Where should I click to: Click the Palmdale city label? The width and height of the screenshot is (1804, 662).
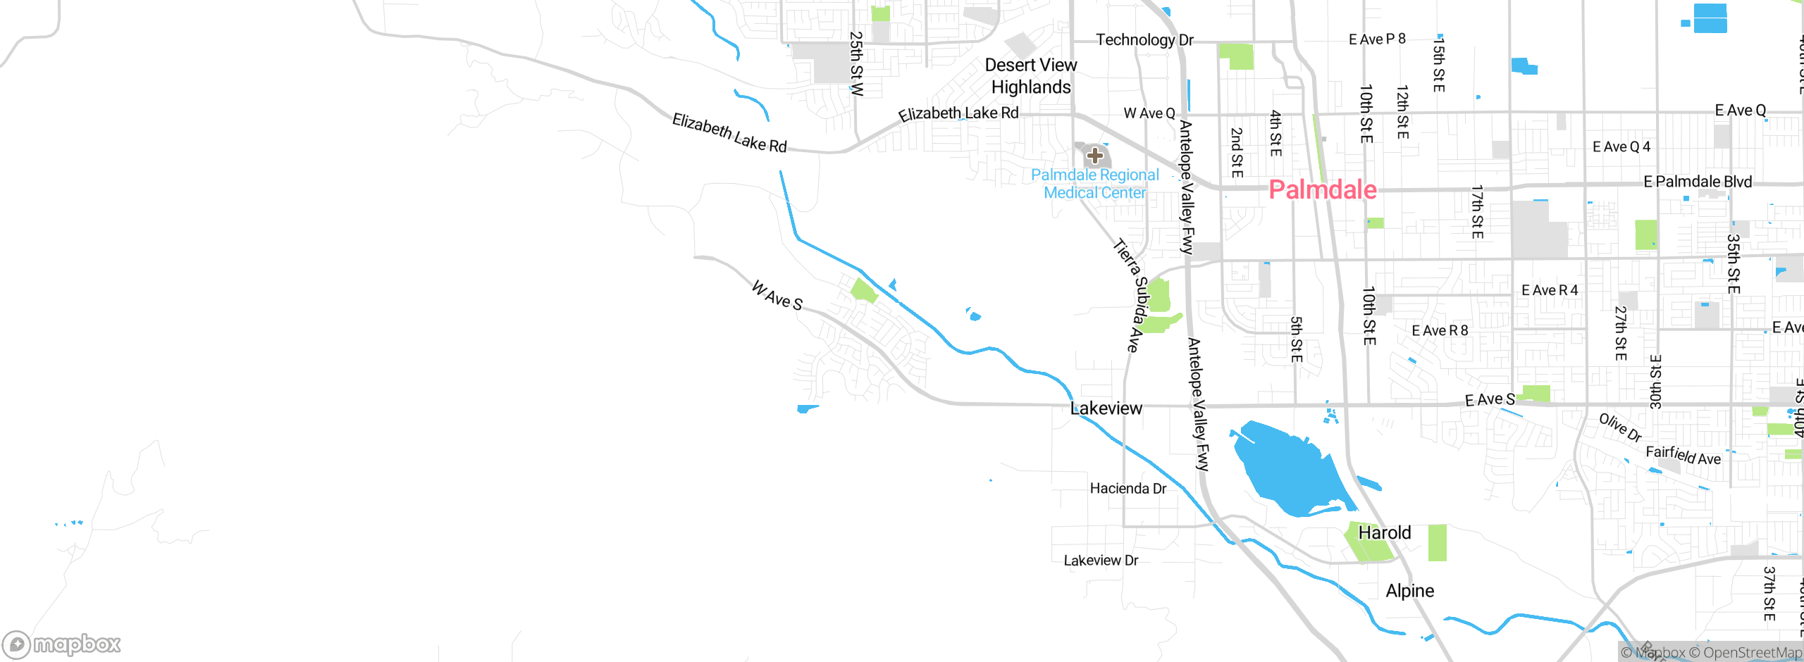1322,189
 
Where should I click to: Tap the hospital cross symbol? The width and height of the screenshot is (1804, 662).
1094,155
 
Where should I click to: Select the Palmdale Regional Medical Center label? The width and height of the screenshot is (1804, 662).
1094,184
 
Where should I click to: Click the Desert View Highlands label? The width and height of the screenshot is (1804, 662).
1031,76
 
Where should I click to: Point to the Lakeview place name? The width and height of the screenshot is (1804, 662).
1106,408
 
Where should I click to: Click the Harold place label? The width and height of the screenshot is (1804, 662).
1384,533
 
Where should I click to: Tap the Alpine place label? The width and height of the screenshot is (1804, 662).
1409,591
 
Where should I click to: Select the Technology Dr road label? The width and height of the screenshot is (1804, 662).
1144,40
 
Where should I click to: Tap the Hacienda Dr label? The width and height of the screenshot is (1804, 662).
1127,489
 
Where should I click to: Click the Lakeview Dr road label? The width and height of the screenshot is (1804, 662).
1101,561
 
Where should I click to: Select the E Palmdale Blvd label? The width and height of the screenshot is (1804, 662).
1697,182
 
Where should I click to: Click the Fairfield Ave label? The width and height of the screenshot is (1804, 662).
1683,456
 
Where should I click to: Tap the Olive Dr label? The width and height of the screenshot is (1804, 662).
1620,427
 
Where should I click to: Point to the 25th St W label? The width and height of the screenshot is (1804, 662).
856,63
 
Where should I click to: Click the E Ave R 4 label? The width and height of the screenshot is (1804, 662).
1549,290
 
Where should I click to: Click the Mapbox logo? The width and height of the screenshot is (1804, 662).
62,644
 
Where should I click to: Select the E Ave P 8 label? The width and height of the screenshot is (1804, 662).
1376,39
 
